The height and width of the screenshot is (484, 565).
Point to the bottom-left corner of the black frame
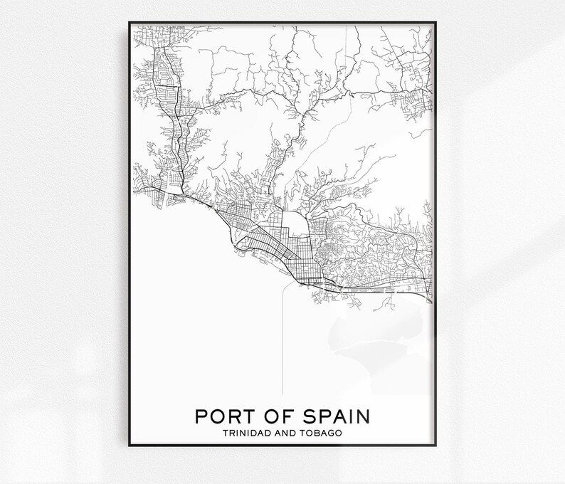[x=129, y=446]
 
